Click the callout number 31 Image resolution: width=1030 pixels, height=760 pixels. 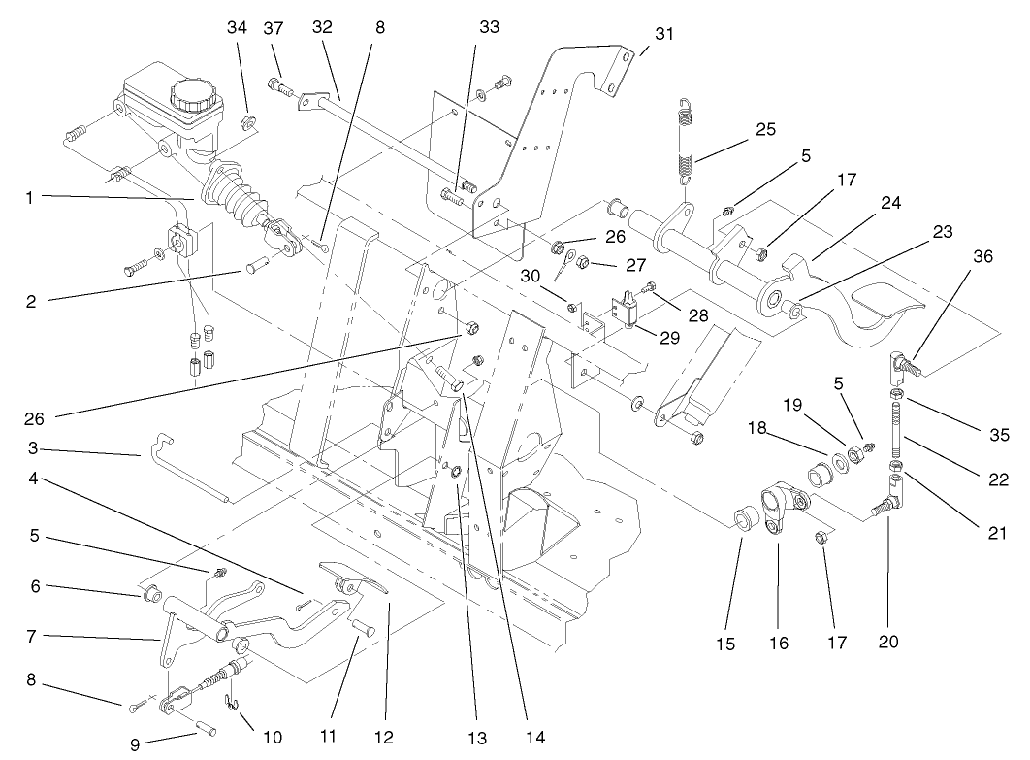[x=663, y=34]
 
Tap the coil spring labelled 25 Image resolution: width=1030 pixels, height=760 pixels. [x=686, y=141]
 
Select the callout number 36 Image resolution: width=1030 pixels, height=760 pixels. [x=983, y=257]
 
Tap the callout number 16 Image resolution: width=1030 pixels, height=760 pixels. [x=779, y=642]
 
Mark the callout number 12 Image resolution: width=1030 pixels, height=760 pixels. [x=385, y=737]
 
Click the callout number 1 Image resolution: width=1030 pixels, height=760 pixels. [x=31, y=197]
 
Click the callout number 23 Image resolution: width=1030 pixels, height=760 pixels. [x=915, y=232]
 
